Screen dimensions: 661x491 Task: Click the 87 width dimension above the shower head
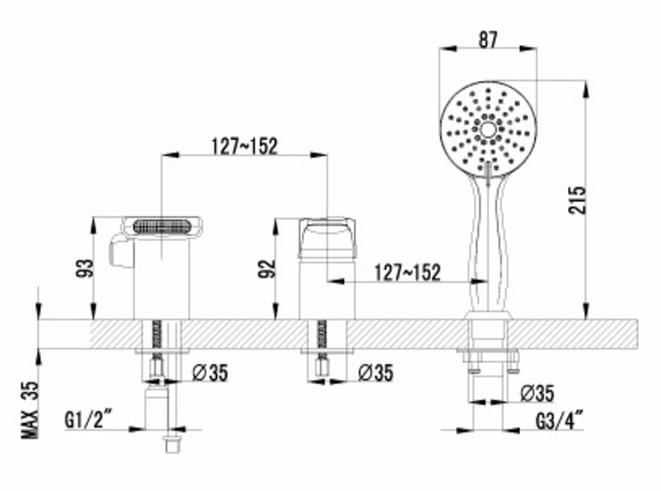488,39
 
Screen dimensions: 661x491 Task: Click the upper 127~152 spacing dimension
245,146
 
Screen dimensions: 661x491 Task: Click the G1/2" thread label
89,420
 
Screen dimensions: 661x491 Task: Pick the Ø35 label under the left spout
210,373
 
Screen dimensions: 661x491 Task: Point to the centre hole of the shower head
488,129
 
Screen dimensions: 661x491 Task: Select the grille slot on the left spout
163,226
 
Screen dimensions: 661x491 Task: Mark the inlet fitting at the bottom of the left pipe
173,443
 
